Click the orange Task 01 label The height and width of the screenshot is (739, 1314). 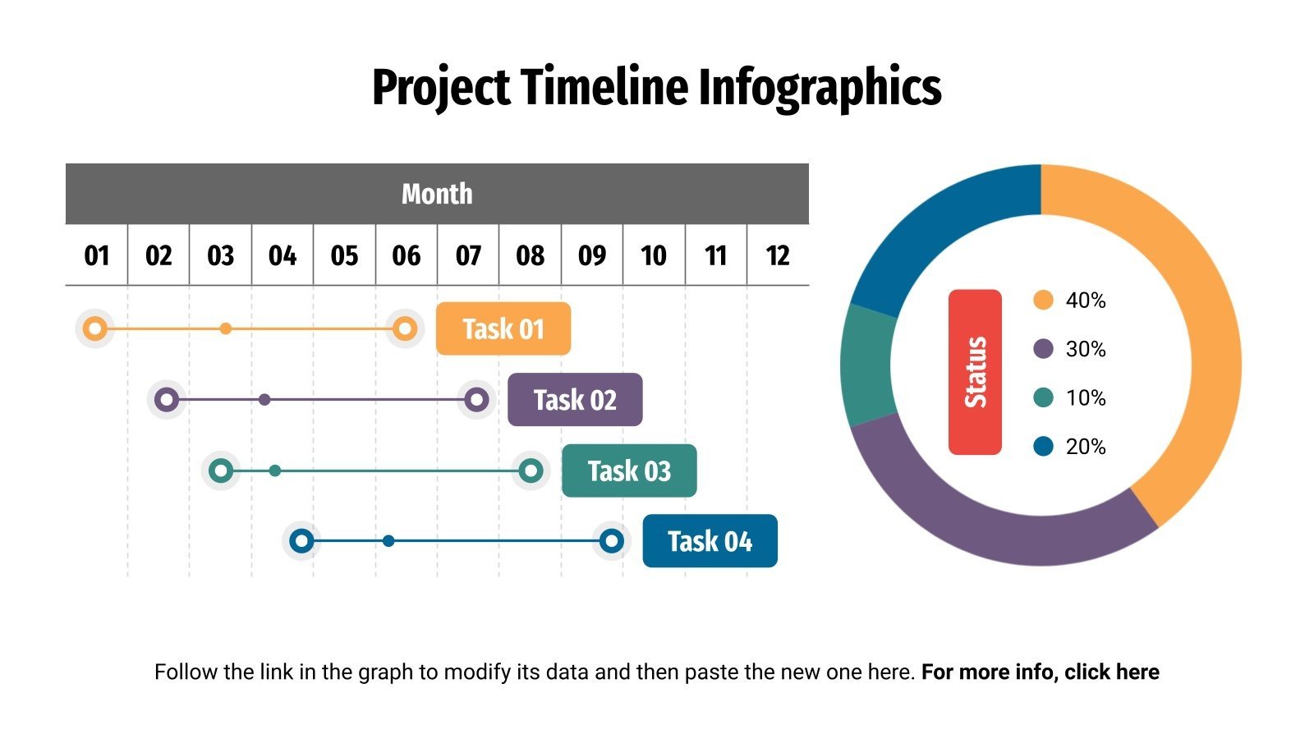pyautogui.click(x=503, y=328)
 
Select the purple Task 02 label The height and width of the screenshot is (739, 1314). pyautogui.click(x=575, y=400)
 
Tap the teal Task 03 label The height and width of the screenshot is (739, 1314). pyautogui.click(x=629, y=470)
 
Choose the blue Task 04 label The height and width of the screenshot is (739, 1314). pyautogui.click(x=710, y=541)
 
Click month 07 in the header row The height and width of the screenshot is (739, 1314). pyautogui.click(x=468, y=255)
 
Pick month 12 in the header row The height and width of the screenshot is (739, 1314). pyautogui.click(x=778, y=255)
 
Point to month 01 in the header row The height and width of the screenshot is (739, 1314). pyautogui.click(x=97, y=255)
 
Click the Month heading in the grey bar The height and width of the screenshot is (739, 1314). pyautogui.click(x=437, y=194)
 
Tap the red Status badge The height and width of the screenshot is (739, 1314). pyautogui.click(x=975, y=372)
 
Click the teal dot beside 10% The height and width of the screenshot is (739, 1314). pyautogui.click(x=1043, y=397)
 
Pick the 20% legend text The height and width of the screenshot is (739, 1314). pyautogui.click(x=1086, y=447)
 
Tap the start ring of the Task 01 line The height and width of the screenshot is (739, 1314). pyautogui.click(x=95, y=328)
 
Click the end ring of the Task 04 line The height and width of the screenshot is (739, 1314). pyautogui.click(x=611, y=541)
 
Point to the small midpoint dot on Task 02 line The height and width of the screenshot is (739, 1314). pyautogui.click(x=264, y=400)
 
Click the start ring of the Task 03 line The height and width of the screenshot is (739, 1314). pyautogui.click(x=221, y=470)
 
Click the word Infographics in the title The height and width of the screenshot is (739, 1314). pyautogui.click(x=820, y=87)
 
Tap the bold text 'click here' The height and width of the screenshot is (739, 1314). pyautogui.click(x=1112, y=672)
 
